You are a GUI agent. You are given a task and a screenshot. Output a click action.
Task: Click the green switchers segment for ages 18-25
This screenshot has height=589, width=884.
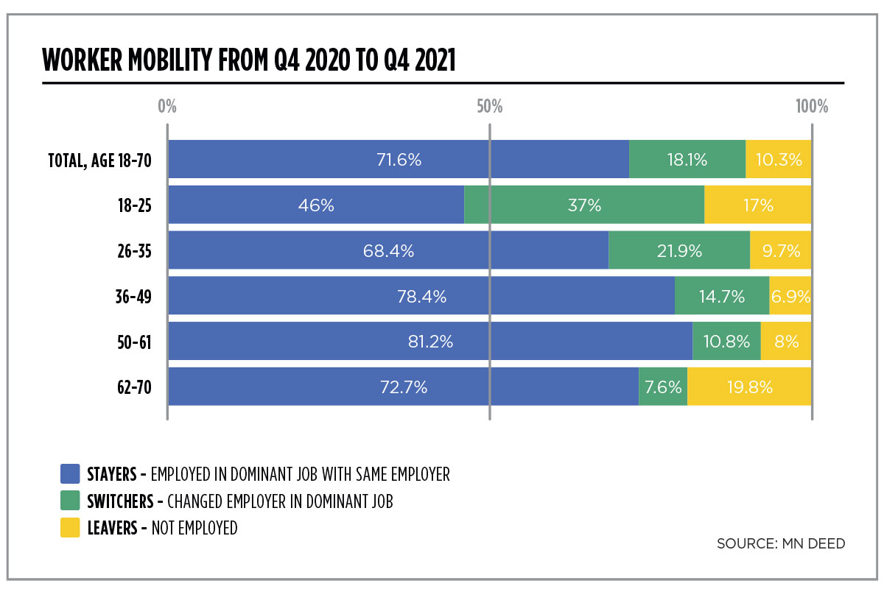[x=584, y=205]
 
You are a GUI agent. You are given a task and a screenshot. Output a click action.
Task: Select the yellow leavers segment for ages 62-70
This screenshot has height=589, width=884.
[x=749, y=387]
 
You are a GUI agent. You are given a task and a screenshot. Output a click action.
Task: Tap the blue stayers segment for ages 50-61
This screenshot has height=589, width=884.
[x=430, y=341]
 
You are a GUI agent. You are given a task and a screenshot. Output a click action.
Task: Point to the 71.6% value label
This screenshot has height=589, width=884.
[x=399, y=159]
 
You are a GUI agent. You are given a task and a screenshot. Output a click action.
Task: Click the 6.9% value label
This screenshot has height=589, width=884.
[x=790, y=297]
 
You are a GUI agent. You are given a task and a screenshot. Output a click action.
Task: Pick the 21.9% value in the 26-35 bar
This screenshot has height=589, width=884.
[x=679, y=251]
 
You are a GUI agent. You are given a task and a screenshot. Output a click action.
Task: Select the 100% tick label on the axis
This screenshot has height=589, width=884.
[x=812, y=107]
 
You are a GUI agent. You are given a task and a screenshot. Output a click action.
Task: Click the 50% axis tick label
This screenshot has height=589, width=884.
[x=489, y=107]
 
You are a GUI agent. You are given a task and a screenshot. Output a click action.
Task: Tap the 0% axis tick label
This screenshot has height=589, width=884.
[x=167, y=107]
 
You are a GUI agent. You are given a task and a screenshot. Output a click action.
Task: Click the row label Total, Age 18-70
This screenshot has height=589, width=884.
[x=99, y=160]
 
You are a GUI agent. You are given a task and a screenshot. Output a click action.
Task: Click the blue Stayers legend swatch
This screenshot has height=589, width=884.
[x=70, y=473]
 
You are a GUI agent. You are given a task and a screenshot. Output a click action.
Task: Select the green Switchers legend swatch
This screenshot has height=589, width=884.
[x=70, y=501]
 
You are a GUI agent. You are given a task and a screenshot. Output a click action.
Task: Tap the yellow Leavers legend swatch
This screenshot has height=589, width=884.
[x=70, y=528]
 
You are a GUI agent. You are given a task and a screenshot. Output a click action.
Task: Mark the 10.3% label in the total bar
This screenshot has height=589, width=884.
[x=779, y=159]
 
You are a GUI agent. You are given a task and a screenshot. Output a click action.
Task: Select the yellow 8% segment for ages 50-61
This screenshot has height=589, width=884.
[x=786, y=341]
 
